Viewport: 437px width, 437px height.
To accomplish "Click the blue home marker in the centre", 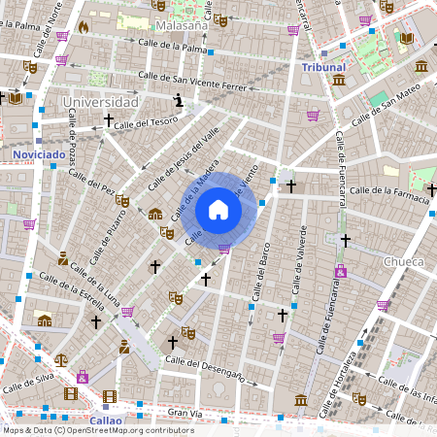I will click(x=218, y=210).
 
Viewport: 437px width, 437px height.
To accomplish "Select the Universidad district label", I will click(x=99, y=101).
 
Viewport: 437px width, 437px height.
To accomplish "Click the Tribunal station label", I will click(x=323, y=67).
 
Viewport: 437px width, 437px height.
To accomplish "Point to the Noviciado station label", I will click(x=39, y=154).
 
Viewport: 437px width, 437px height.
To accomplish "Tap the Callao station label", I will click(x=106, y=420).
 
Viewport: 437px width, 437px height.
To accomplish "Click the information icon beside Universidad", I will click(x=178, y=100).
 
